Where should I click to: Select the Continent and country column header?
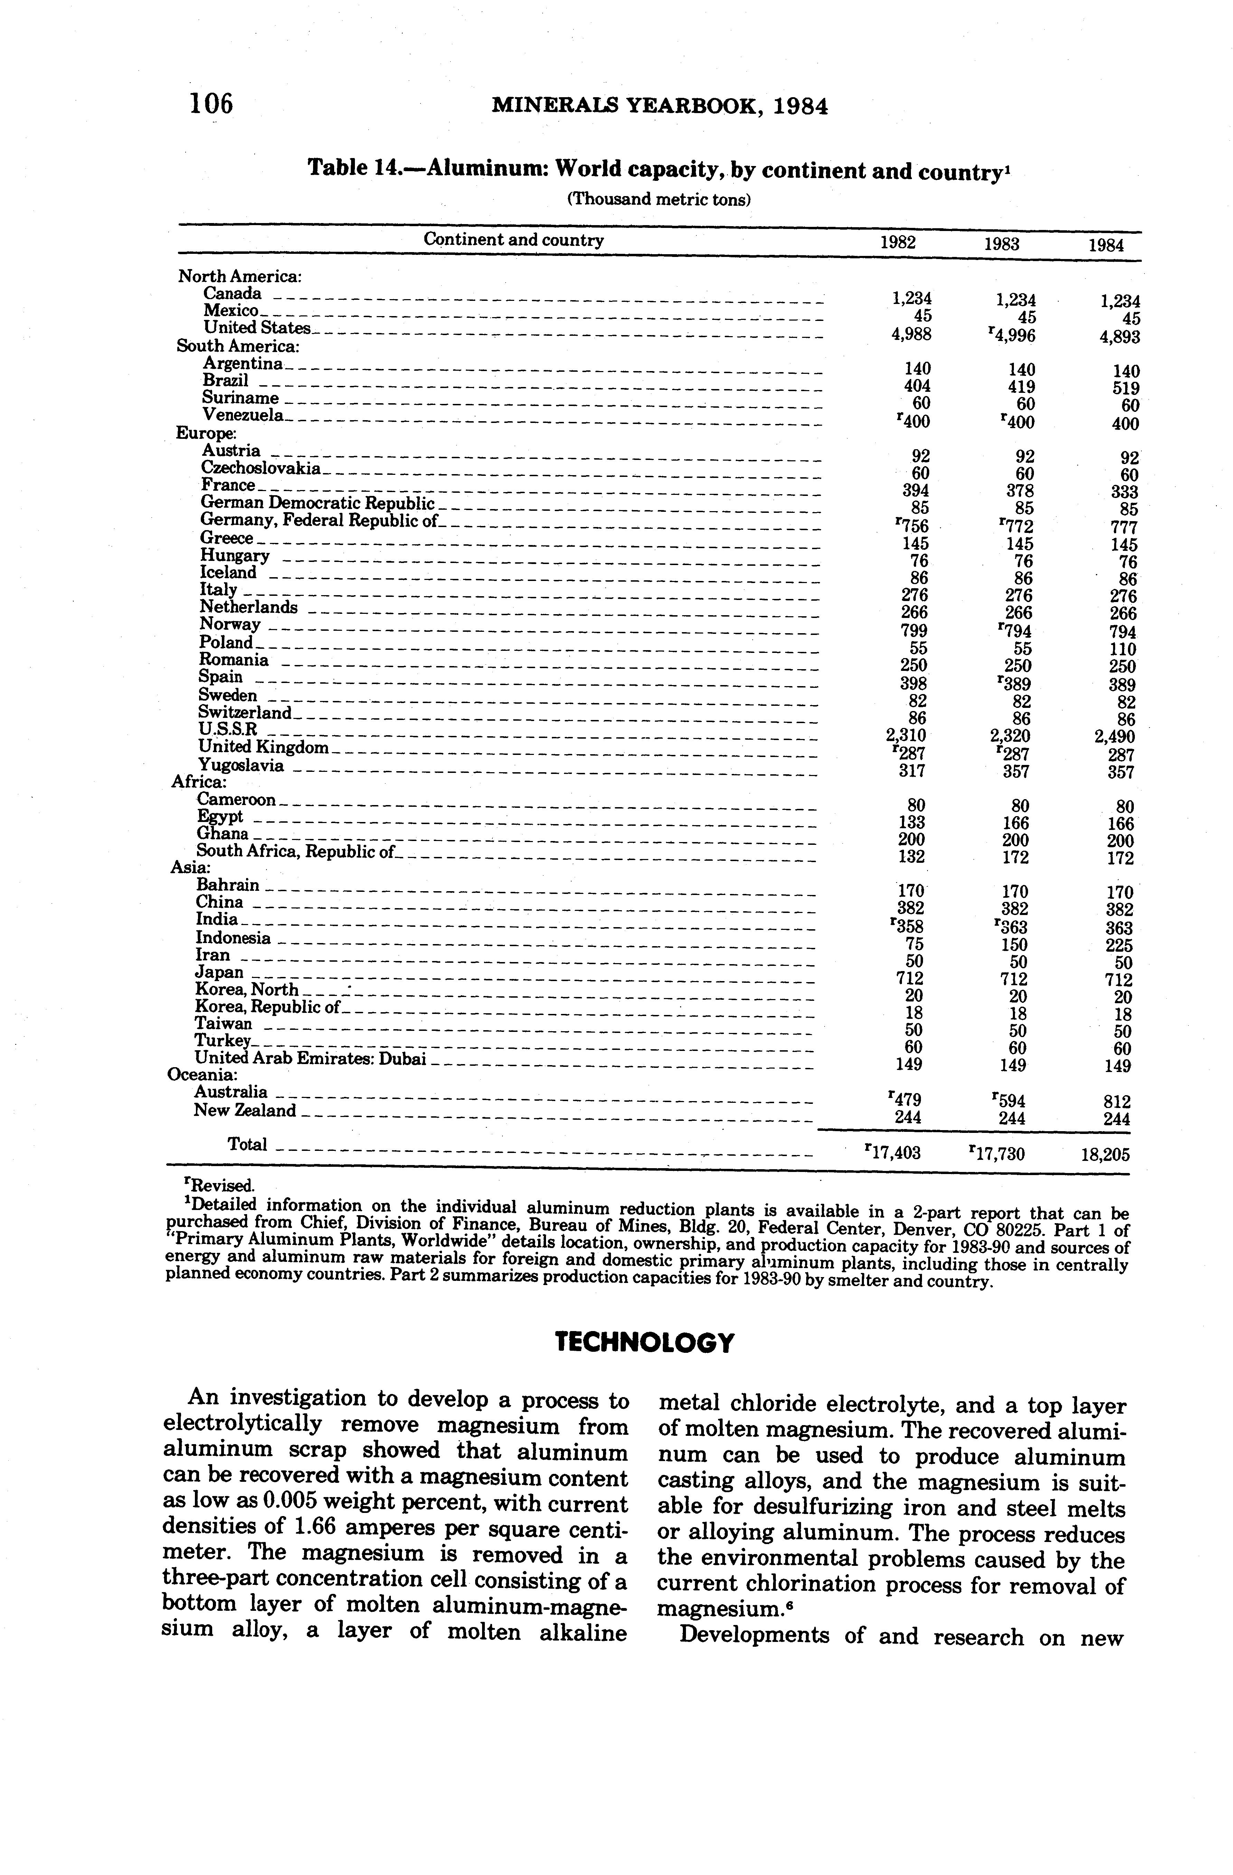pos(514,240)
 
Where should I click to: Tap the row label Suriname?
pos(240,398)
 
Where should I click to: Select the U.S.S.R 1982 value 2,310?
pos(905,736)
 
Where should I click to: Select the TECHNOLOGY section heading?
pos(644,1342)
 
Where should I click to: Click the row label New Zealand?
pos(245,1111)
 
